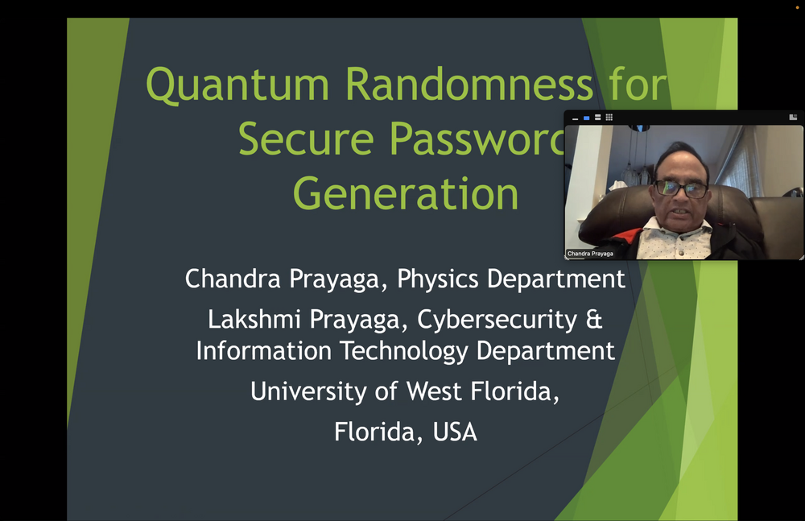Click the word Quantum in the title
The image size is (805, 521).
coord(237,85)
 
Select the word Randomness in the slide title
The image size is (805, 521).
coord(469,84)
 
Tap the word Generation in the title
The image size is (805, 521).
coord(406,194)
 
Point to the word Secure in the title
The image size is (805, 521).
coord(306,139)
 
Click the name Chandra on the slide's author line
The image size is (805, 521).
coord(233,279)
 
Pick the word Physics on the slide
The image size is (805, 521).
coord(437,279)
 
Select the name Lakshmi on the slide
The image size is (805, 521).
coord(254,319)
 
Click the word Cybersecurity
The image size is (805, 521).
coord(497,320)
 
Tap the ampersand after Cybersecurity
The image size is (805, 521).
coord(594,320)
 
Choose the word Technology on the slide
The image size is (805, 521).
coord(404,351)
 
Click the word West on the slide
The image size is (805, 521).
coord(435,391)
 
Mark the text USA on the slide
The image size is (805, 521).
coord(455,432)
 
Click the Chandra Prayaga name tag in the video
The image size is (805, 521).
coord(590,254)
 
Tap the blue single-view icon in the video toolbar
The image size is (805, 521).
coord(586,118)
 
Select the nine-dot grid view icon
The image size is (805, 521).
coord(609,117)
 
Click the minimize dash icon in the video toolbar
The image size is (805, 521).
coord(575,119)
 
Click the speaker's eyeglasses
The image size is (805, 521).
coord(681,189)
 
